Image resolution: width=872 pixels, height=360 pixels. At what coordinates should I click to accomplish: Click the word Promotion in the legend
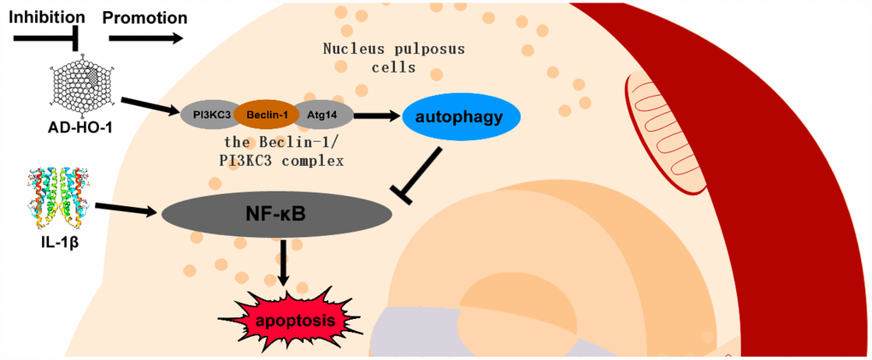(144, 16)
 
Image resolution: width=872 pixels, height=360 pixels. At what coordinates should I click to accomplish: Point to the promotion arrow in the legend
(145, 38)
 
